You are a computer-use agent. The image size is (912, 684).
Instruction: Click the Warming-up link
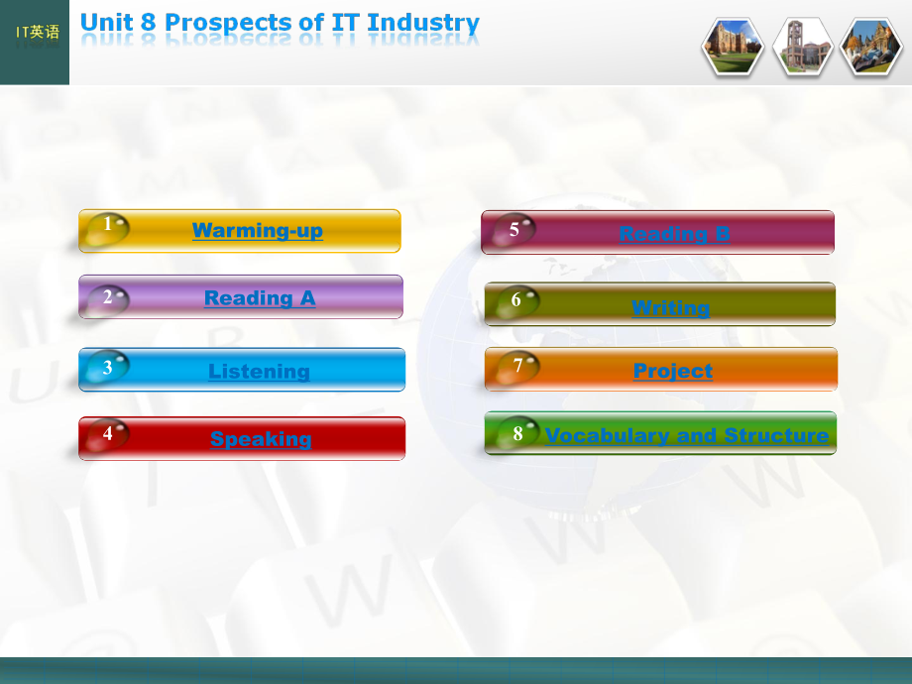pyautogui.click(x=257, y=231)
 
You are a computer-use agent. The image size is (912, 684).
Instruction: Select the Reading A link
pyautogui.click(x=260, y=298)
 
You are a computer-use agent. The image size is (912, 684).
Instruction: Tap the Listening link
pyautogui.click(x=259, y=371)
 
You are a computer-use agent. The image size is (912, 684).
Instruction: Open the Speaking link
pyautogui.click(x=261, y=439)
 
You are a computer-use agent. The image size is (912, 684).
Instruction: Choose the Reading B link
pyautogui.click(x=674, y=234)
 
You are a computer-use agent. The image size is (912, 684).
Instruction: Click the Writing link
pyautogui.click(x=671, y=307)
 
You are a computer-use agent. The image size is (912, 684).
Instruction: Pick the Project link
pyautogui.click(x=673, y=371)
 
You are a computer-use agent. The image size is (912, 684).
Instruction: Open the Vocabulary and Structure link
pyautogui.click(x=687, y=435)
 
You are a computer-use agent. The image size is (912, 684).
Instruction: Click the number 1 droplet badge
pyautogui.click(x=108, y=228)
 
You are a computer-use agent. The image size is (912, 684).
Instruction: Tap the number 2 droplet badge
pyautogui.click(x=108, y=300)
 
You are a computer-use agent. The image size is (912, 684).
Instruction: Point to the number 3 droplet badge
pyautogui.click(x=107, y=367)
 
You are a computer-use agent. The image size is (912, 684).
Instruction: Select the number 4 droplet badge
pyautogui.click(x=107, y=434)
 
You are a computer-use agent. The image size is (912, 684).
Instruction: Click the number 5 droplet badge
pyautogui.click(x=513, y=230)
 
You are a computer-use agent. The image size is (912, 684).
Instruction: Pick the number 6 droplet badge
pyautogui.click(x=517, y=301)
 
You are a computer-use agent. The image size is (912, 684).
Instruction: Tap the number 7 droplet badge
pyautogui.click(x=517, y=368)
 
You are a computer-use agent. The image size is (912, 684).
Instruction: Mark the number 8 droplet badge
pyautogui.click(x=517, y=433)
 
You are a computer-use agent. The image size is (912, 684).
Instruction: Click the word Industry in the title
pyautogui.click(x=423, y=23)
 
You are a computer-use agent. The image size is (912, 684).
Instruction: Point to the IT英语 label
pyautogui.click(x=38, y=32)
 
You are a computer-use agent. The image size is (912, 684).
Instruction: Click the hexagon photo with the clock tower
pyautogui.click(x=802, y=47)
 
